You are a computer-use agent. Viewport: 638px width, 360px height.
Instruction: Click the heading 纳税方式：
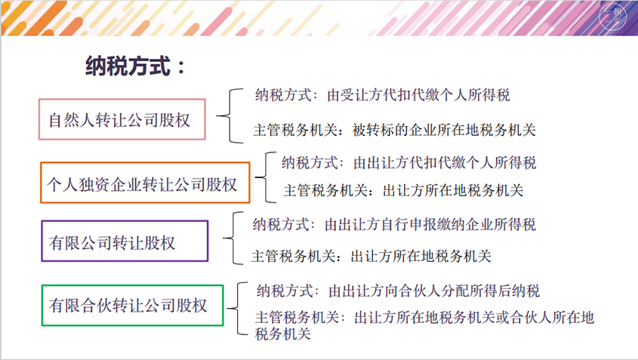coord(135,66)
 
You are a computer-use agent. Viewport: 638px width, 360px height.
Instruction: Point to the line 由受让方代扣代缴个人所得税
coord(418,95)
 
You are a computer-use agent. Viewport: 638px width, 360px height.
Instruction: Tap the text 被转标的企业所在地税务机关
coord(444,130)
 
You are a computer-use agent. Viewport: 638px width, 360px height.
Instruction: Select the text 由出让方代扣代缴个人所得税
coord(445,163)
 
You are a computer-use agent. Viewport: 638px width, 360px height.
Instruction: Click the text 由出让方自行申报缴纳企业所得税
coord(430,225)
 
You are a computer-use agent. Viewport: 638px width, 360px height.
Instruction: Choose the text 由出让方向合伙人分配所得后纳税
coord(434,291)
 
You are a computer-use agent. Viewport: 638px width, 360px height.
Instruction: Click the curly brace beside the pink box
coord(230,116)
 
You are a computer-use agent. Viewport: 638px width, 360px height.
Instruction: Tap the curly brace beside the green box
coord(237,309)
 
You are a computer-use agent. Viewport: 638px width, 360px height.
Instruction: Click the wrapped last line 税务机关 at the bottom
coord(283,334)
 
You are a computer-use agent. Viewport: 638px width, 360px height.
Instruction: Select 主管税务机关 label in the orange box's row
coord(325,190)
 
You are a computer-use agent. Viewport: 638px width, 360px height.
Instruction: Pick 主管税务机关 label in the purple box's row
coord(294,257)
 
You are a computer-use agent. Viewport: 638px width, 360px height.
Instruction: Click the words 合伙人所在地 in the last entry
coord(552,317)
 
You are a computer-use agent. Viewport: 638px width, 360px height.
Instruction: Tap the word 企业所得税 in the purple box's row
coord(501,225)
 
